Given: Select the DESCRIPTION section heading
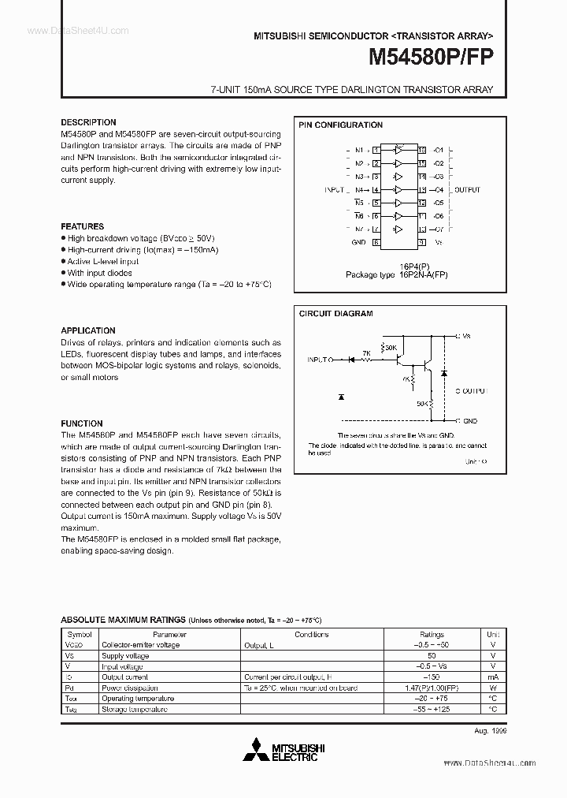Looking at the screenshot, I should click(x=88, y=122).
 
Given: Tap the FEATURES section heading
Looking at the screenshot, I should click(x=82, y=226).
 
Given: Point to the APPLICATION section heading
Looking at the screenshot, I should click(x=88, y=330).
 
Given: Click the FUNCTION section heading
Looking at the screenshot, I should click(x=82, y=423).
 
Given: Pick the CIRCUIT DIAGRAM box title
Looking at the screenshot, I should click(x=335, y=313).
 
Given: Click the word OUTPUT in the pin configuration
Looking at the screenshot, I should click(x=468, y=190).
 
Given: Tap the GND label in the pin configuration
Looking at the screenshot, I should click(x=358, y=242).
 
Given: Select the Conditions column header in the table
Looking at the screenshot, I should click(x=312, y=634).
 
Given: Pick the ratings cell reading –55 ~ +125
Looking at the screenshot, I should click(x=432, y=709).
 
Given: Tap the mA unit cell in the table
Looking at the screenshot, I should click(x=492, y=677).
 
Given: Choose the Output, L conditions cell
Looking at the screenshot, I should click(x=261, y=644).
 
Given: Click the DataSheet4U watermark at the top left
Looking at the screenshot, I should click(x=67, y=29).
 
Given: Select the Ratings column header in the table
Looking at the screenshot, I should click(x=432, y=634).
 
